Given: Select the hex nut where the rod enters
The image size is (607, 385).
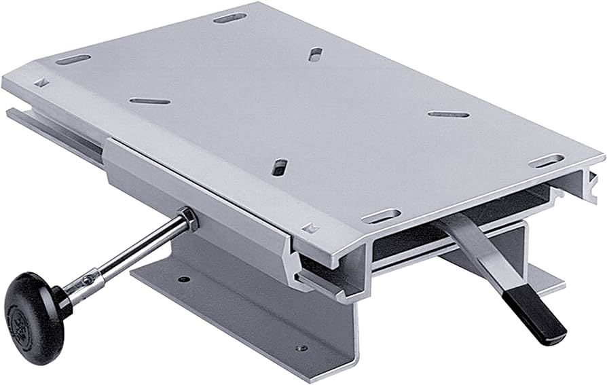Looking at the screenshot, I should click(186, 219).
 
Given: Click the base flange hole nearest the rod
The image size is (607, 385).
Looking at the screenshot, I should click(183, 279).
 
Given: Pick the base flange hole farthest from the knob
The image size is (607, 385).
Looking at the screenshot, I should click(299, 348).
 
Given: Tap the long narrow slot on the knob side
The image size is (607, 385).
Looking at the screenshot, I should click(149, 101).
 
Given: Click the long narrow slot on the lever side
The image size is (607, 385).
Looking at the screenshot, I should click(448, 114).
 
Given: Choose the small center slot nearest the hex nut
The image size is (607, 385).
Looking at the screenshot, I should click(279, 167).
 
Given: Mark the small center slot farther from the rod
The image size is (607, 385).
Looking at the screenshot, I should click(315, 54).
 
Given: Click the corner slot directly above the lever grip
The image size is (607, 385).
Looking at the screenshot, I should click(546, 161).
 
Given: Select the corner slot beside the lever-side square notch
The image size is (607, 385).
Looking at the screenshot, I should click(381, 217).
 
